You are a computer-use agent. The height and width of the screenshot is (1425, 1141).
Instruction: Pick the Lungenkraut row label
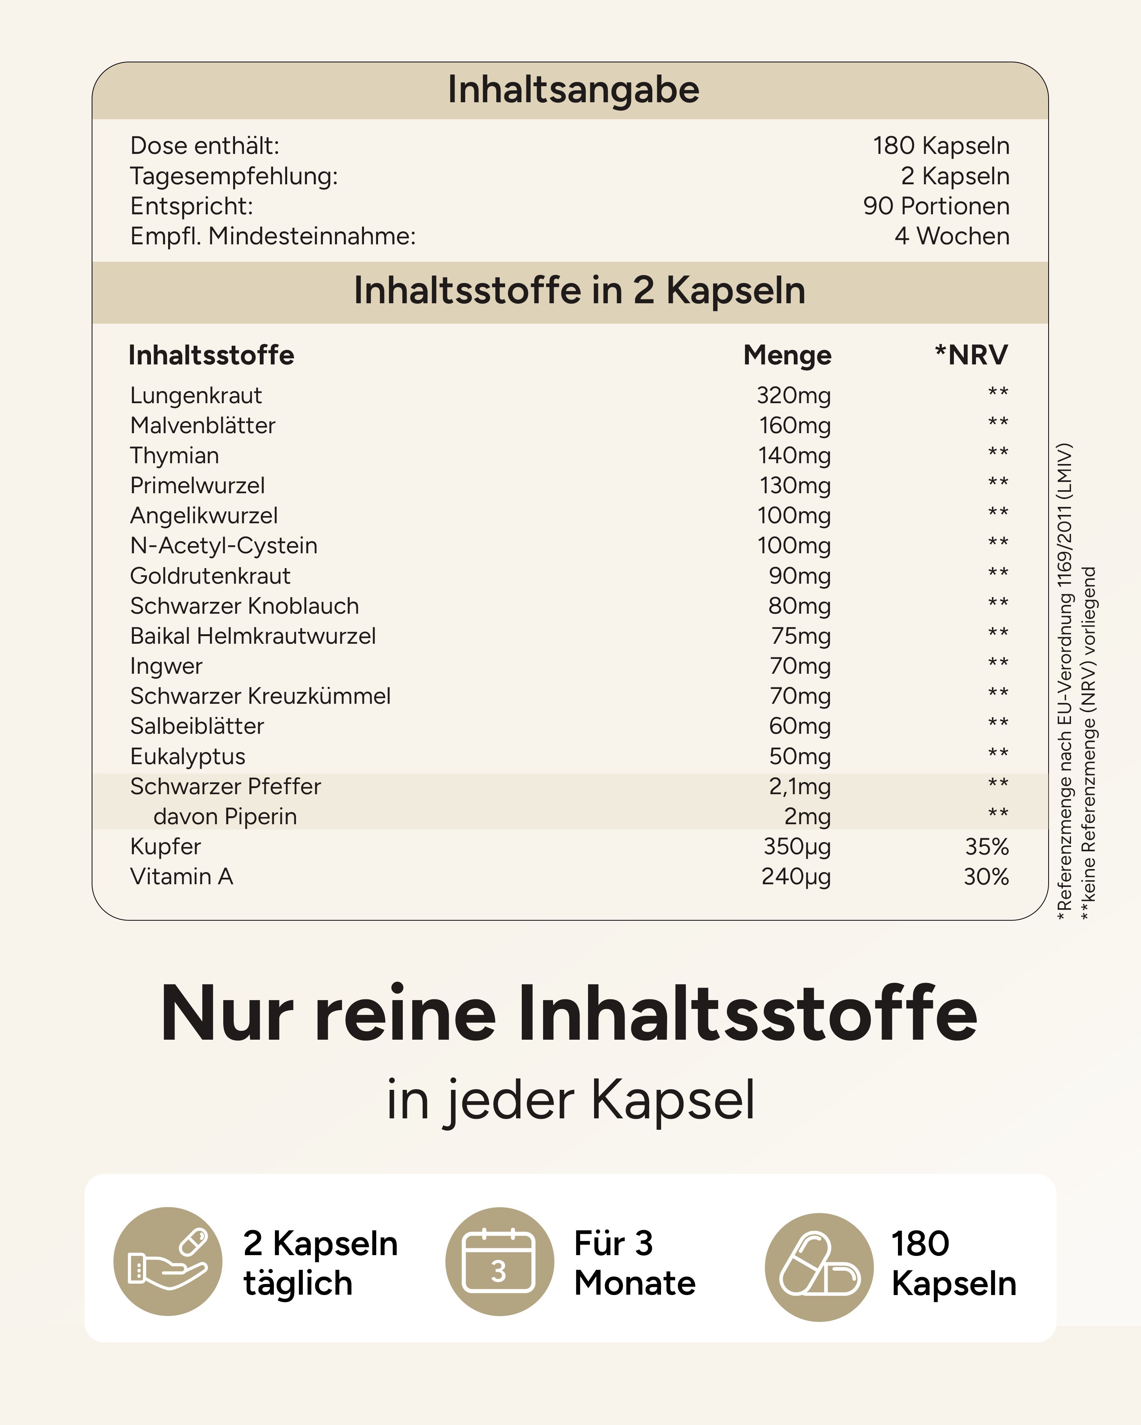[x=196, y=395]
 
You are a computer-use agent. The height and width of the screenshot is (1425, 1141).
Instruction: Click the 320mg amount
[x=794, y=395]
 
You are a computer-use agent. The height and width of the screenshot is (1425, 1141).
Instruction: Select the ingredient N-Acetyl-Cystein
[x=224, y=545]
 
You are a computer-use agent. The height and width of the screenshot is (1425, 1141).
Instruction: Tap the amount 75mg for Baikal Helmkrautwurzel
[x=800, y=636]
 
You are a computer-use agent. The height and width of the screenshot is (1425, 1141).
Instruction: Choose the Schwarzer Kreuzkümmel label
[x=260, y=696]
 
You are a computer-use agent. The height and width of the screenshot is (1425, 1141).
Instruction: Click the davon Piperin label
[x=225, y=816]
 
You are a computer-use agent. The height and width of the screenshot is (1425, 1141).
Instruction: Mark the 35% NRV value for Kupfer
[x=986, y=847]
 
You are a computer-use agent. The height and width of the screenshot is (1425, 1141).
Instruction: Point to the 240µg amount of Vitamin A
[x=796, y=876]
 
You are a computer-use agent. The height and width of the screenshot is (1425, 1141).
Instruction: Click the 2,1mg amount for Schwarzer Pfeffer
[x=799, y=787]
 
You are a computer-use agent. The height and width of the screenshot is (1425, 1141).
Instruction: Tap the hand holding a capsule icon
[x=168, y=1261]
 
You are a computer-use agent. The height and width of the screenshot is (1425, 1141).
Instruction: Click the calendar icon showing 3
[x=499, y=1261]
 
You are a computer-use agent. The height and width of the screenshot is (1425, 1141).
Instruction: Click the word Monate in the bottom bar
[x=635, y=1283]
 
